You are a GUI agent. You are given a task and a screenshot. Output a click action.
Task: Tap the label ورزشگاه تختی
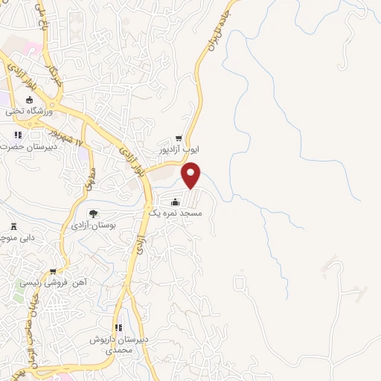pyautogui.click(x=30, y=112)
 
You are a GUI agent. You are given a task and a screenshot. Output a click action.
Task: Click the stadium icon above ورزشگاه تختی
pyautogui.click(x=30, y=100)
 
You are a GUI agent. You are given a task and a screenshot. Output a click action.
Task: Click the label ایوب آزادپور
pyautogui.click(x=179, y=150)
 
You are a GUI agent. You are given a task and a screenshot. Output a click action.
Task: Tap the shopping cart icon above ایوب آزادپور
pyautogui.click(x=179, y=138)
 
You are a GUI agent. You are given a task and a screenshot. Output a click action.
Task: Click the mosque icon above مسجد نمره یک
pyautogui.click(x=175, y=202)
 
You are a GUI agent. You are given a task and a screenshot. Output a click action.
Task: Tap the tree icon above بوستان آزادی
pyautogui.click(x=92, y=214)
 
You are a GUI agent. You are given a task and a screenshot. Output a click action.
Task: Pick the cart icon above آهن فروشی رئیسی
pyautogui.click(x=53, y=271)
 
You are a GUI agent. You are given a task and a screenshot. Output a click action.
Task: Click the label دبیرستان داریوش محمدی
pyautogui.click(x=116, y=344)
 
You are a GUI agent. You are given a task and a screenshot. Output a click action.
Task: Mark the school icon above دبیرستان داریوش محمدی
pyautogui.click(x=118, y=328)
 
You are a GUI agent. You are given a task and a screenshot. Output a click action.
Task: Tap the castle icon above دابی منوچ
pyautogui.click(x=13, y=226)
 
